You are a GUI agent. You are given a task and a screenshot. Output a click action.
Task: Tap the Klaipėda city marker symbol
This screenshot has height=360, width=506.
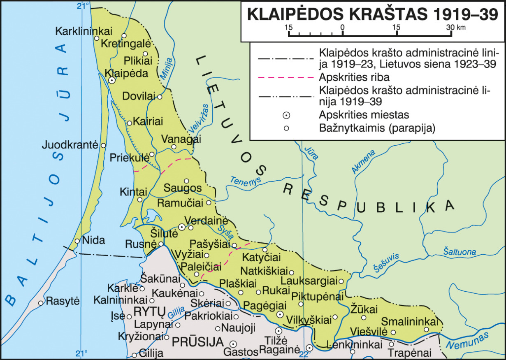(111, 81)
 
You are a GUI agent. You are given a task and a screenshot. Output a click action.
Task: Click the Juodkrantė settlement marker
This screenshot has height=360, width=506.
(103, 146)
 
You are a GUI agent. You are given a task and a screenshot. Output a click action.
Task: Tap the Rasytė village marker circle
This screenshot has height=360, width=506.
(41, 303)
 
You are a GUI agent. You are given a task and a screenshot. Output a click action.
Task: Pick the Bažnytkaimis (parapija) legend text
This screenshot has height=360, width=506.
(377, 128)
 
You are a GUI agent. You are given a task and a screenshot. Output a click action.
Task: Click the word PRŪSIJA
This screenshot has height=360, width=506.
(197, 342)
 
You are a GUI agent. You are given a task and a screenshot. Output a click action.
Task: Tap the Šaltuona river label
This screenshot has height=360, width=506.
(459, 252)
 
